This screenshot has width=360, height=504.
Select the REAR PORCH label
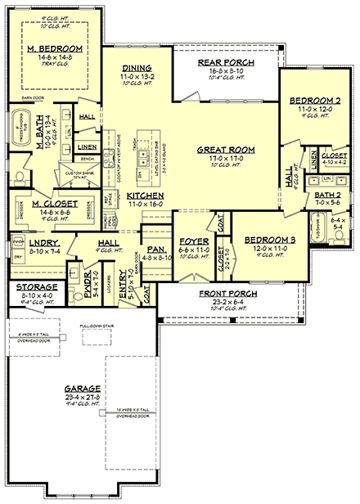click(227, 63)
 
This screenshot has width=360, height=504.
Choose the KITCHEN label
click(144, 196)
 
